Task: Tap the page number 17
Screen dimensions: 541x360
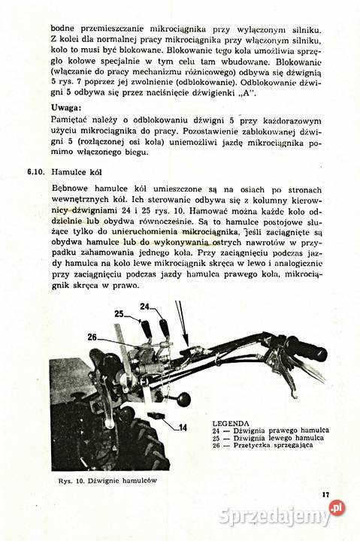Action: [x=325, y=494]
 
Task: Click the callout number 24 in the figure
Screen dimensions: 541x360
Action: [x=144, y=306]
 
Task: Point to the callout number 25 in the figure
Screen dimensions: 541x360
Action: [x=119, y=313]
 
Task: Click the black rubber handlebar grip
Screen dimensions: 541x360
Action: [x=304, y=348]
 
